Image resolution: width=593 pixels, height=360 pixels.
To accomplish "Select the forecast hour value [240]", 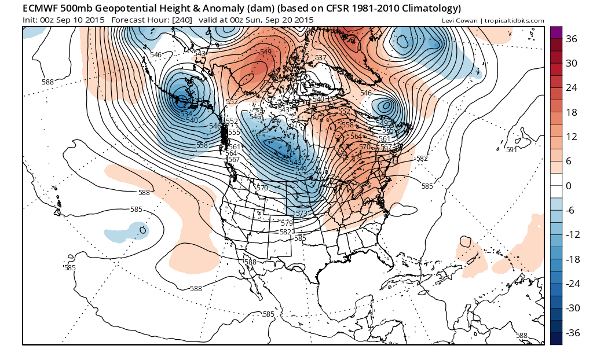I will [x=179, y=20].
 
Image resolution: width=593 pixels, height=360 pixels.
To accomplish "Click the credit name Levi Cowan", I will [x=459, y=21].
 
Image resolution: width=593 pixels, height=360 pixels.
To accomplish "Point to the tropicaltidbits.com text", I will [x=515, y=21].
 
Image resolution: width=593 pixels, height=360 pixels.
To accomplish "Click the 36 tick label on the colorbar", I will [x=572, y=39].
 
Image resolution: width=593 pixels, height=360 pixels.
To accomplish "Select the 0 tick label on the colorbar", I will [x=569, y=186].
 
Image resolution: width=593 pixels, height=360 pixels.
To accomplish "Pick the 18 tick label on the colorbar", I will [x=572, y=112].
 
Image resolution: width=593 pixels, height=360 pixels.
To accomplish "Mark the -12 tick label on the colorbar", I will [x=573, y=234].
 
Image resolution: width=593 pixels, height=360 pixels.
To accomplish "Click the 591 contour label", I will [x=511, y=150].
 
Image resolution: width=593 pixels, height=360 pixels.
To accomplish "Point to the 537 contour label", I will [x=320, y=58].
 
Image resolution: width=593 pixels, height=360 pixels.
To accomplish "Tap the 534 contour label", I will [x=186, y=114].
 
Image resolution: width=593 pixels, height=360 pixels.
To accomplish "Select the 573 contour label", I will [x=301, y=214].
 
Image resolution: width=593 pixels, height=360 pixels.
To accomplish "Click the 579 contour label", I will [x=286, y=223].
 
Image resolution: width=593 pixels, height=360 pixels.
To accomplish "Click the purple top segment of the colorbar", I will [x=556, y=32].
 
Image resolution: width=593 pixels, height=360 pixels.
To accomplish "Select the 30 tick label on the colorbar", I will [x=572, y=63].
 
